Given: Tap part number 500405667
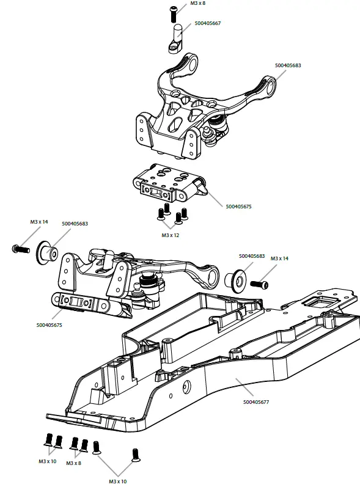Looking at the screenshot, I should (207, 23).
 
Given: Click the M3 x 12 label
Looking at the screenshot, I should (171, 235).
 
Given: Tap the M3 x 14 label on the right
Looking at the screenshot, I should (279, 258).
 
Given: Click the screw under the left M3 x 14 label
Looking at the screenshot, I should (20, 249).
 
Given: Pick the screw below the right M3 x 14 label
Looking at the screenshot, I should (259, 284).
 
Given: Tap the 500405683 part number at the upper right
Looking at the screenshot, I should (288, 65).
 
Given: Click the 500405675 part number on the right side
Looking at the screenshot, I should (238, 207).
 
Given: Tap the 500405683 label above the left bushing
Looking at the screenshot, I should (75, 224).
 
